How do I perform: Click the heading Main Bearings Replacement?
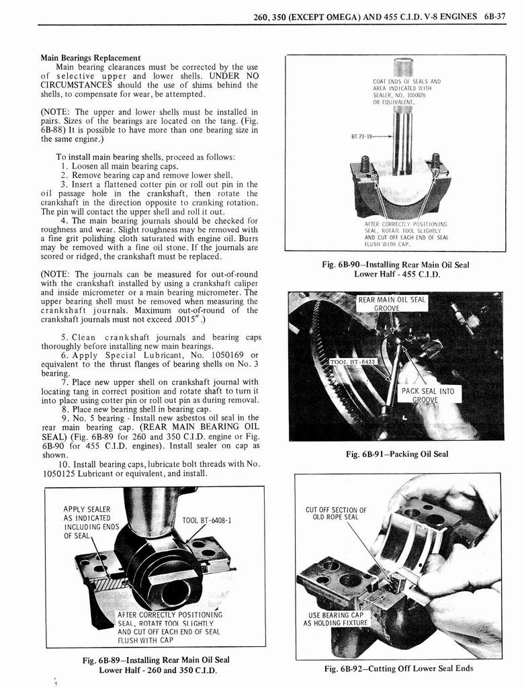(x=91, y=58)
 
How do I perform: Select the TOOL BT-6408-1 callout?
(x=207, y=519)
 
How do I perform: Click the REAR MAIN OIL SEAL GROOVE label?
(x=391, y=304)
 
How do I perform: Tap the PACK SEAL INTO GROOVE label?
(x=427, y=395)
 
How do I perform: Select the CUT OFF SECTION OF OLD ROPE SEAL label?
(x=336, y=513)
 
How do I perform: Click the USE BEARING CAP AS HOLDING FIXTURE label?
(x=335, y=619)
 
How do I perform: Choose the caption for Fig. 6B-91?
(x=396, y=454)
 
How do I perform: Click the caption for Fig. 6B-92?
(x=398, y=668)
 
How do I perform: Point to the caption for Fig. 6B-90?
(x=396, y=269)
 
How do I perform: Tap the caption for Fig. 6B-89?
(x=156, y=664)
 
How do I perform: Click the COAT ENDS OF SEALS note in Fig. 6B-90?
(x=406, y=91)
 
